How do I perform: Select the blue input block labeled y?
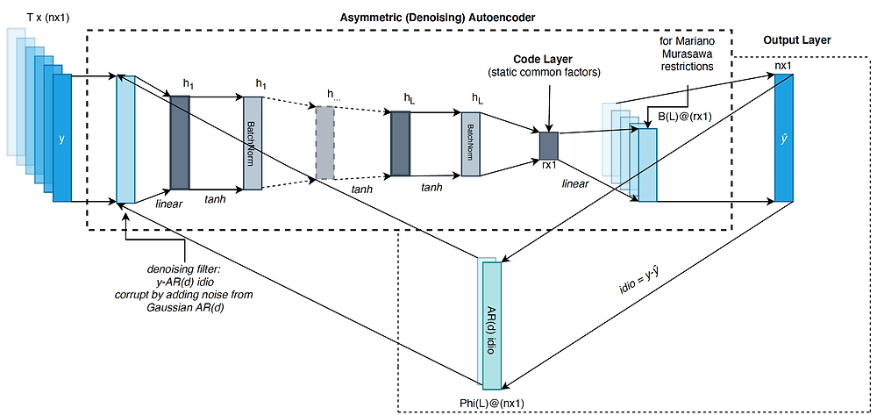[61, 138]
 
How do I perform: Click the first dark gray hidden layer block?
[180, 142]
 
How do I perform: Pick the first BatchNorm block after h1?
[253, 142]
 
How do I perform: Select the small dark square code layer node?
[549, 143]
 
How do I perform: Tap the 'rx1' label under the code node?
[550, 165]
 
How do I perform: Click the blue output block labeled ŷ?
[783, 139]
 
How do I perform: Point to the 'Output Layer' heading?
[796, 41]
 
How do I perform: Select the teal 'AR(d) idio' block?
[491, 326]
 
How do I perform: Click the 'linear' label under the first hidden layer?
[168, 204]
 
